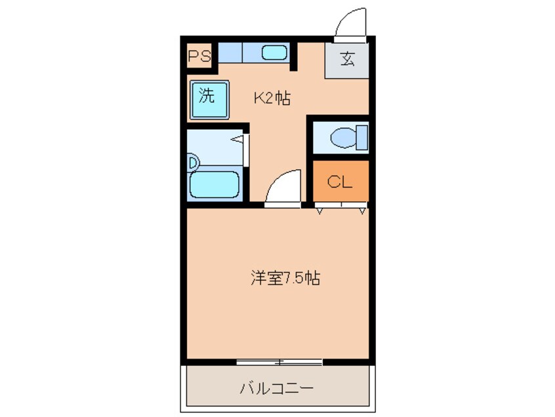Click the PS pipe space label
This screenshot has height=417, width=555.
pyautogui.click(x=199, y=56)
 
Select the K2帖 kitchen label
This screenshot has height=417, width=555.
pyautogui.click(x=272, y=99)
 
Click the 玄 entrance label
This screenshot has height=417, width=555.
pyautogui.click(x=347, y=60)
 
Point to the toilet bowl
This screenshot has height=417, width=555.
pyautogui.click(x=343, y=138)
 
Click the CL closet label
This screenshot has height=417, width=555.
pyautogui.click(x=340, y=182)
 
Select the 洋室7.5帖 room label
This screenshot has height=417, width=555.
pyautogui.click(x=285, y=279)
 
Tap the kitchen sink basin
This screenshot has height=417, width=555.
pyautogui.click(x=274, y=52)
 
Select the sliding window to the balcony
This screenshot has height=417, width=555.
pyautogui.click(x=279, y=361)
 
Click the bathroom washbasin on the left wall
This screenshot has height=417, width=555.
pyautogui.click(x=192, y=161)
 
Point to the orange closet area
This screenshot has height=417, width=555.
pyautogui.click(x=340, y=182)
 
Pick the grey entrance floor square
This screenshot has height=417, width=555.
pyautogui.click(x=347, y=60)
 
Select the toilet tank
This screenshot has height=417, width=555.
pyautogui.click(x=361, y=138)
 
